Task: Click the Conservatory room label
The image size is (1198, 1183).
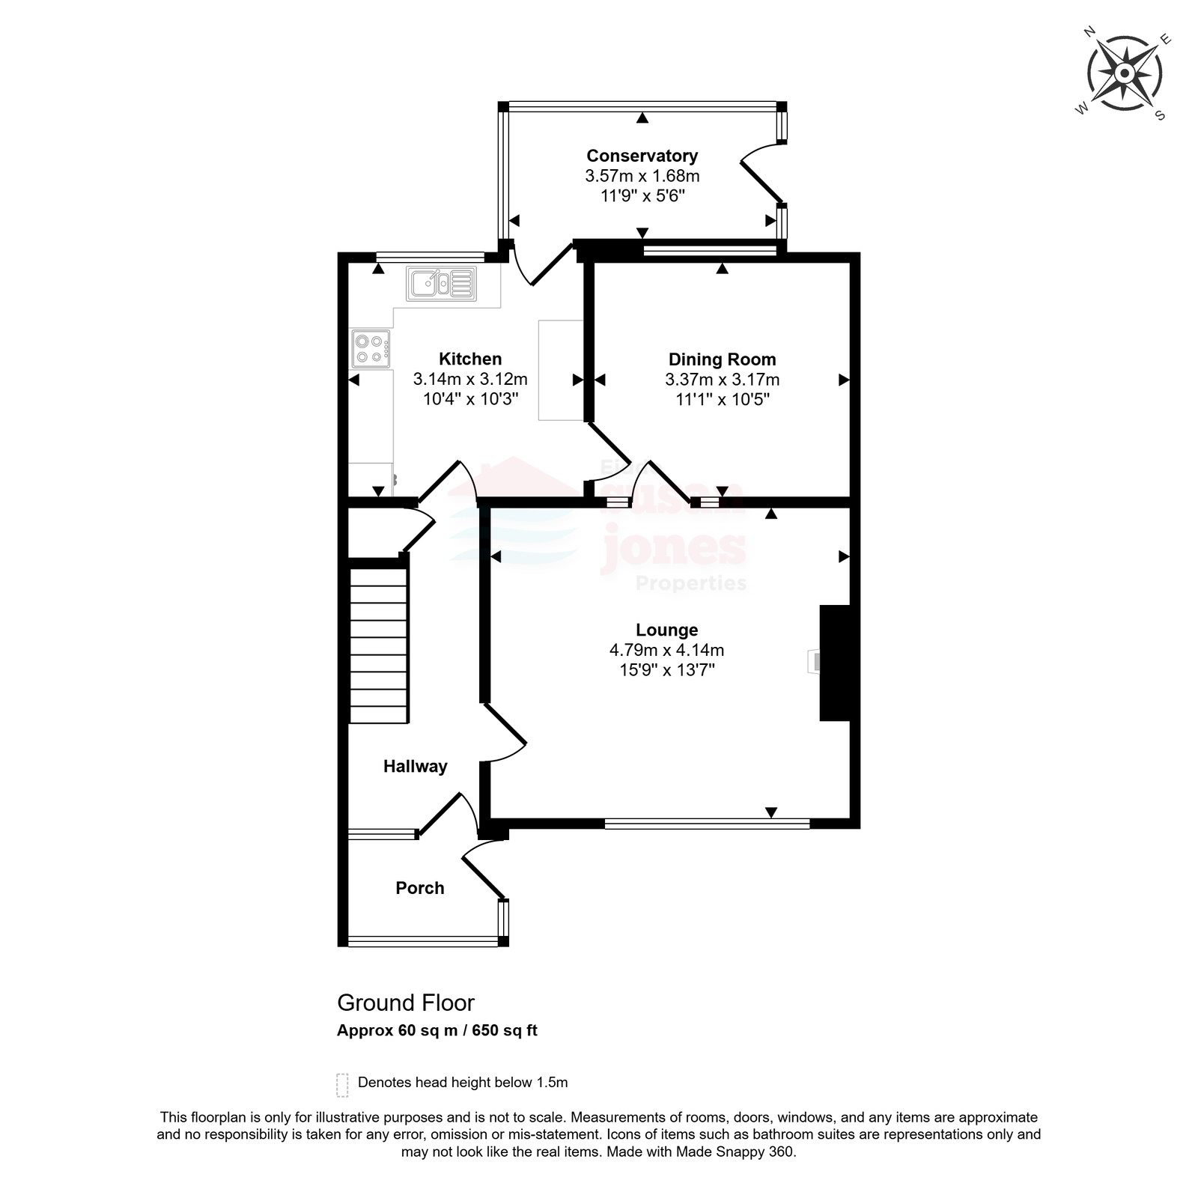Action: [642, 156]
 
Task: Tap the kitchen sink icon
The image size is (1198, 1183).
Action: [441, 284]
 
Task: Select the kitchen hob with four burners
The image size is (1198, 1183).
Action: [371, 349]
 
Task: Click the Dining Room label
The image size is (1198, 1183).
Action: [722, 359]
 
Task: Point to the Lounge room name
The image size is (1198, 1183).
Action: [666, 630]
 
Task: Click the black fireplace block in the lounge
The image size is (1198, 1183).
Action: [835, 663]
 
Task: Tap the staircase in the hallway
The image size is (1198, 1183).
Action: [379, 645]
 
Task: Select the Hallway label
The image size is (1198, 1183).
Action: [415, 766]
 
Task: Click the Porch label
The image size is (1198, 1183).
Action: [420, 888]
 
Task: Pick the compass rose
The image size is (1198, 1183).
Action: [1125, 73]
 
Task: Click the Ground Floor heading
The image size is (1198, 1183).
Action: [406, 1003]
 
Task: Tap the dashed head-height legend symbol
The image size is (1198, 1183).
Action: [342, 1085]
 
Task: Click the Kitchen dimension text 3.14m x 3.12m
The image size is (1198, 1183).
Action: [470, 380]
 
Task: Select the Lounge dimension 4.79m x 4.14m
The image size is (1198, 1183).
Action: [666, 650]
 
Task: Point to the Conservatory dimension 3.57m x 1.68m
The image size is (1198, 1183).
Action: [642, 176]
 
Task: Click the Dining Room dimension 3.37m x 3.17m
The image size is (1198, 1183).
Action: [722, 380]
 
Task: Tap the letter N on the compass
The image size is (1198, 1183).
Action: [1090, 31]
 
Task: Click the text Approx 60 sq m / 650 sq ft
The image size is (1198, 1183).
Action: [437, 1030]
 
